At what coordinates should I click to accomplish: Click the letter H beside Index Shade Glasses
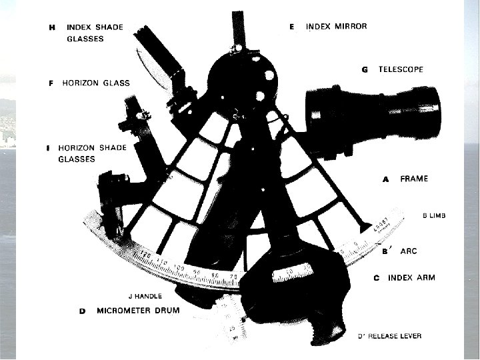(52, 27)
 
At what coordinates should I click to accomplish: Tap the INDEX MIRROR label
(336, 27)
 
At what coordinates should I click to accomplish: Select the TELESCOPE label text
(401, 69)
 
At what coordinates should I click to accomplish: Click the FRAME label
(414, 179)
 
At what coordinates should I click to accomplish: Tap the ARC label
(409, 251)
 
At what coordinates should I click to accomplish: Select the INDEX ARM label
(411, 277)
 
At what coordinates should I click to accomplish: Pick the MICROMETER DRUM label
(138, 311)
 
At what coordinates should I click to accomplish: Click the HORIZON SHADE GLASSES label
(86, 153)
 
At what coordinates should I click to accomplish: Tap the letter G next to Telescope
(365, 69)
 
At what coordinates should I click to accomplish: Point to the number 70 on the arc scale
(233, 276)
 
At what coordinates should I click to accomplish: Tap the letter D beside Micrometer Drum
(82, 311)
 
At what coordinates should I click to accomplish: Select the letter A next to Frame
(385, 179)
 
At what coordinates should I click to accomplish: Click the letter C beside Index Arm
(377, 278)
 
